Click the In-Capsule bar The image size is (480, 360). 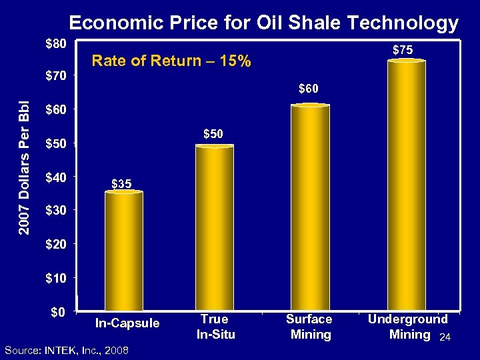(124, 251)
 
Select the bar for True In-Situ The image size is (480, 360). (215, 228)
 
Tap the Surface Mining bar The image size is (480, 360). (310, 208)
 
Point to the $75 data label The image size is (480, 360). (402, 49)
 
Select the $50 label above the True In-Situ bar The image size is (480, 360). (213, 134)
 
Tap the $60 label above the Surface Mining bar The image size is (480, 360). (308, 88)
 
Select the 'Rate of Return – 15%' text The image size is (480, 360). (171, 61)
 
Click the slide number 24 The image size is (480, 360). (446, 339)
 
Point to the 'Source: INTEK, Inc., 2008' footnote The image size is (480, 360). (67, 351)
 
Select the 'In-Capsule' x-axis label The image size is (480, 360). (127, 323)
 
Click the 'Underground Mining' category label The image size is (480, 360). (407, 327)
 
